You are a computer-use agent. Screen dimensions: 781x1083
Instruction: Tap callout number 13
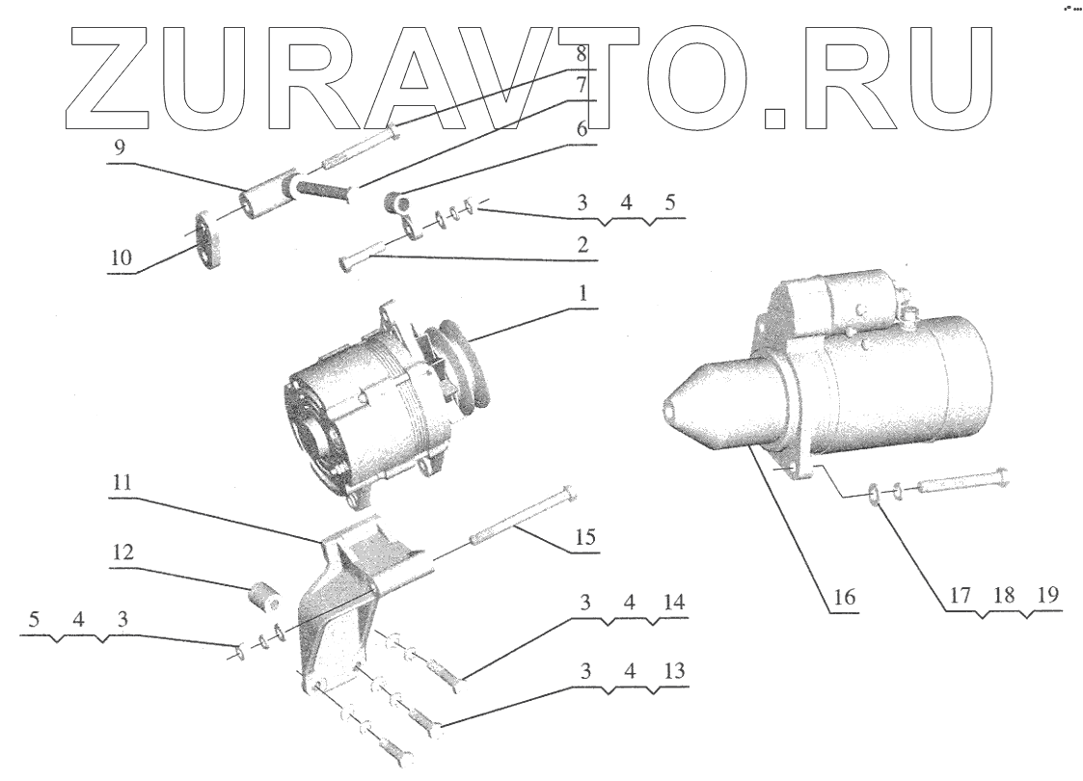(x=674, y=671)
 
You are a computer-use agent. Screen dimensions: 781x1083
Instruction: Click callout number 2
(x=582, y=247)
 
